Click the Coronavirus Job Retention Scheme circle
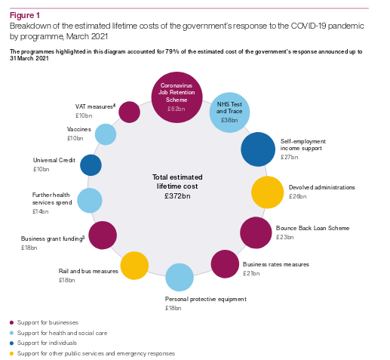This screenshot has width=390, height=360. [x=177, y=97]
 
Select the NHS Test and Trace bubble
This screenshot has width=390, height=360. [x=229, y=112]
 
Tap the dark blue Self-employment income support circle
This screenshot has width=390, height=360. [x=258, y=149]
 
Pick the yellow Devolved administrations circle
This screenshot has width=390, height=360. [x=268, y=192]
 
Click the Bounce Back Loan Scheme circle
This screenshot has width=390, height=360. [x=256, y=232]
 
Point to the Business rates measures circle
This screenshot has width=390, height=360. [x=225, y=264]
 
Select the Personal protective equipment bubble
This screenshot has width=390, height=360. [x=180, y=277]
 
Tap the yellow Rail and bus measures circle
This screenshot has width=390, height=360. [x=134, y=266]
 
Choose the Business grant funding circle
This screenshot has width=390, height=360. [x=103, y=235]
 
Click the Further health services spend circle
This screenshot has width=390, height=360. [x=90, y=201]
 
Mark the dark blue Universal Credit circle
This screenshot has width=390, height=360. [x=91, y=165]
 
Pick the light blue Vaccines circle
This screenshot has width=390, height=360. [x=106, y=134]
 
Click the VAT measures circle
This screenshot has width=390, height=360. [x=129, y=112]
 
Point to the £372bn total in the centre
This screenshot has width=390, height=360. [x=177, y=196]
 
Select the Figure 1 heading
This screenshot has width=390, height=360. [x=25, y=16]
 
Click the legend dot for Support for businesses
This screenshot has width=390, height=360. [x=11, y=322]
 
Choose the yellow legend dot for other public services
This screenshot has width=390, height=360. [x=11, y=353]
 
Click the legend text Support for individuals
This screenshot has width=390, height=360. [x=47, y=343]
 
